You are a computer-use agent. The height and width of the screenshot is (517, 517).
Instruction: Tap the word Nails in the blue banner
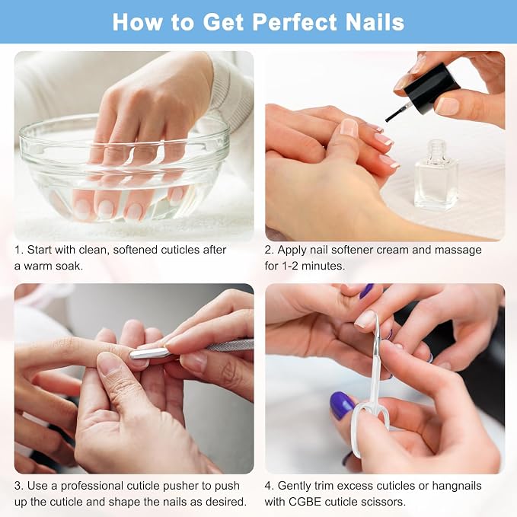pos(375,22)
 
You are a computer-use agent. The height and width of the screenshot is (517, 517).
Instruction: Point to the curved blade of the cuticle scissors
pos(376,333)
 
